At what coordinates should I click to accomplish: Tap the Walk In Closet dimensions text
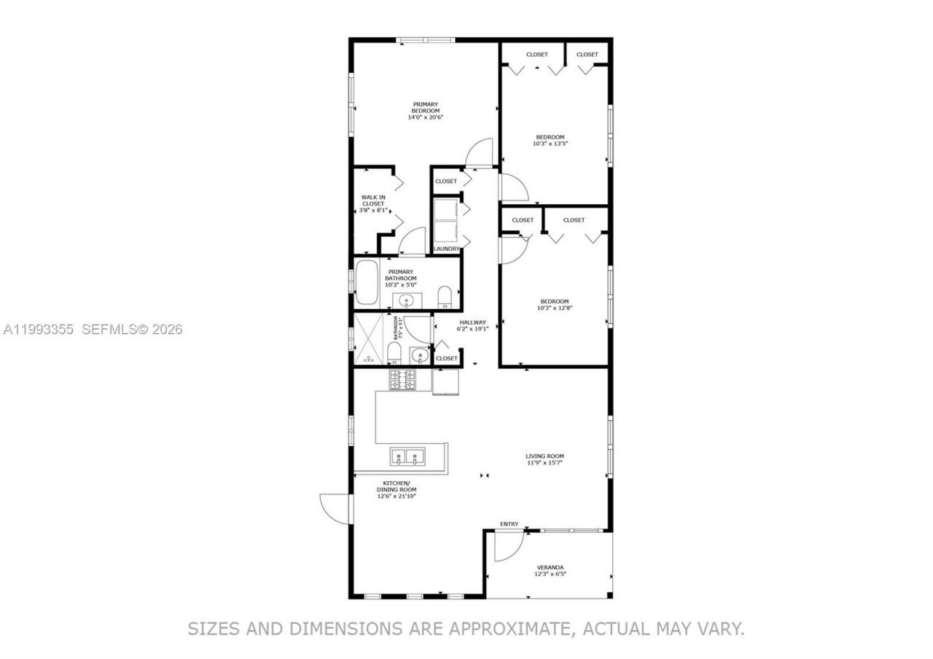pos(373,210)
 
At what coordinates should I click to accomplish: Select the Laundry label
pos(446,249)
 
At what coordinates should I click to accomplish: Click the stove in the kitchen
pos(402,380)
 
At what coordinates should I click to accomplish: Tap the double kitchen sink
pos(407,457)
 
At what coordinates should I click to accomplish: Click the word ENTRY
pos(510,524)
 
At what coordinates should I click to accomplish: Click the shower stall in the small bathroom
pos(370,339)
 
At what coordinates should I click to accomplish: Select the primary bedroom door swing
pos(481,152)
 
